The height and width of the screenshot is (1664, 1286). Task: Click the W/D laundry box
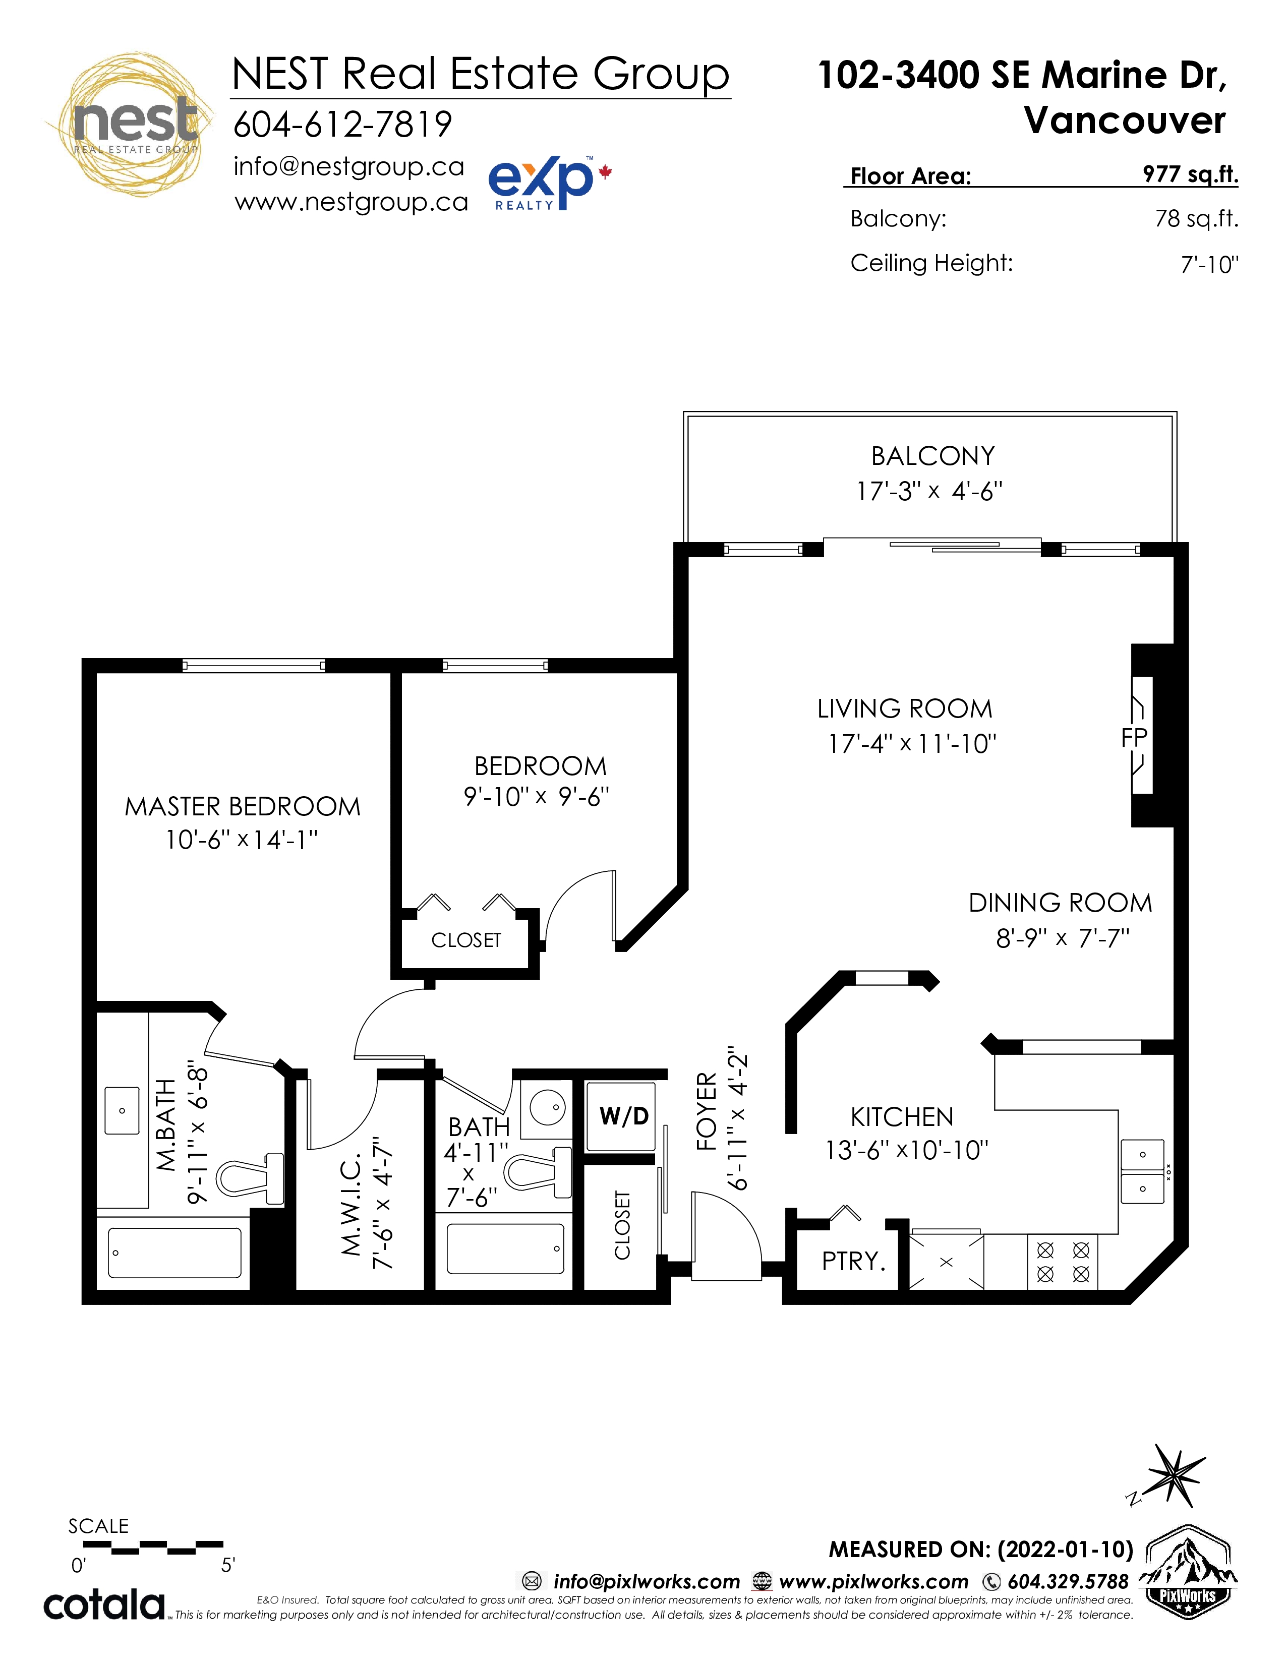coord(620,1116)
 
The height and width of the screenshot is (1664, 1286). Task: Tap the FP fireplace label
coord(1134,738)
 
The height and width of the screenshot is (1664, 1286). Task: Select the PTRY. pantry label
coord(853,1261)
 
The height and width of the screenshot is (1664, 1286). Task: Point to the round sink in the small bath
coord(547,1107)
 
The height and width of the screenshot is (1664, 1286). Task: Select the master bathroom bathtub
coord(174,1253)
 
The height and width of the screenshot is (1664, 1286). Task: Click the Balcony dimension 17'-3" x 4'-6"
coord(929,492)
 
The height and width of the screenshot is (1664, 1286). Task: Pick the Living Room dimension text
coord(912,744)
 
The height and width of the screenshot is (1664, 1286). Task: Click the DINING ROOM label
coord(1060,903)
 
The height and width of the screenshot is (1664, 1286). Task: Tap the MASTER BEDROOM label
coord(242,807)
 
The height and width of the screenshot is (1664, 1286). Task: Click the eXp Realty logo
coord(549,183)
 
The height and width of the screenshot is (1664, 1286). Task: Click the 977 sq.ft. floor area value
coord(1190,174)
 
